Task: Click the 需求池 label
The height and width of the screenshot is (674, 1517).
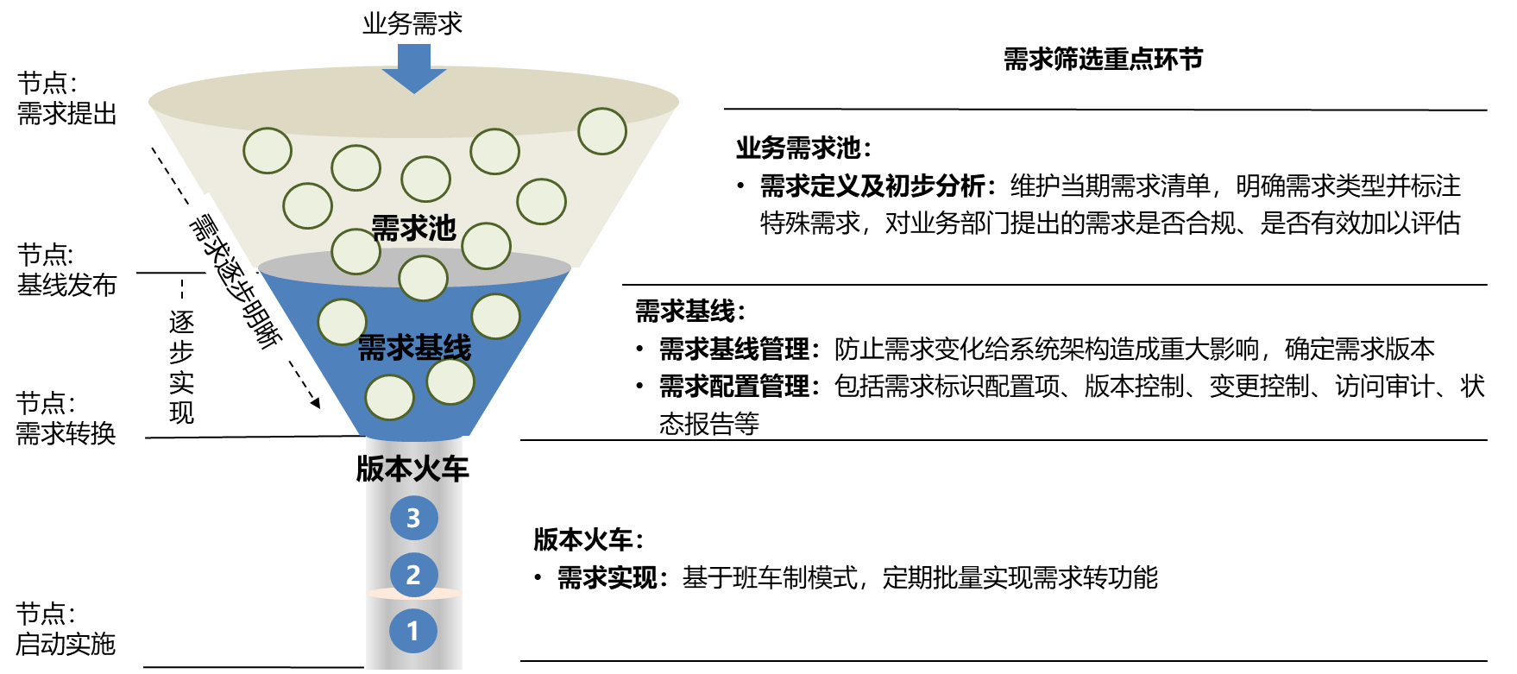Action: pyautogui.click(x=413, y=229)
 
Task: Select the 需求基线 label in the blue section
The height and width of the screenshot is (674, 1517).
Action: pyautogui.click(x=414, y=349)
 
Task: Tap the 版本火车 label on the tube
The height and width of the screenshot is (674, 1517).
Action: pyautogui.click(x=414, y=469)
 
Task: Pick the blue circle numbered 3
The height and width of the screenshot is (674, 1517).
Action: pyautogui.click(x=413, y=518)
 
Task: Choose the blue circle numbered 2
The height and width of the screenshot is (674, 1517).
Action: pyautogui.click(x=413, y=575)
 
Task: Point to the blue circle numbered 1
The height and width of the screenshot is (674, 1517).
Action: pyautogui.click(x=413, y=631)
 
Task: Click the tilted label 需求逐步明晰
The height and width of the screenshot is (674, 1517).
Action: pyautogui.click(x=236, y=281)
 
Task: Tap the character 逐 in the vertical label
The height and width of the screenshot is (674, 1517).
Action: pyautogui.click(x=182, y=322)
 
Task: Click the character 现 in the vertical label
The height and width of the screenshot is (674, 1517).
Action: pyautogui.click(x=182, y=413)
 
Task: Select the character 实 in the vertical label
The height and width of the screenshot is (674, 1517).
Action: pyautogui.click(x=182, y=382)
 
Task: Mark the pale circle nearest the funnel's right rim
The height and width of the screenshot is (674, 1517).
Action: pyautogui.click(x=602, y=131)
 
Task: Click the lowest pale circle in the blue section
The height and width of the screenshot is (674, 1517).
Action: pyautogui.click(x=390, y=398)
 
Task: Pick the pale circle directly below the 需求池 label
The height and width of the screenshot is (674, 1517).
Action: pyautogui.click(x=423, y=279)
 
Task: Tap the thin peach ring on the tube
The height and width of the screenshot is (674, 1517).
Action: pyautogui.click(x=413, y=594)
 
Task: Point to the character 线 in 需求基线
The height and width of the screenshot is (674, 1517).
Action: pyautogui.click(x=457, y=349)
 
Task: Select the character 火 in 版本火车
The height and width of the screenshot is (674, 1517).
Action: pyautogui.click(x=428, y=469)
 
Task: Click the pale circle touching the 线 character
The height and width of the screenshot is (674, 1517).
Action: pyautogui.click(x=450, y=381)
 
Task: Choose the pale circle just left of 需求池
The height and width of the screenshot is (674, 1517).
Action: pyautogui.click(x=356, y=251)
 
